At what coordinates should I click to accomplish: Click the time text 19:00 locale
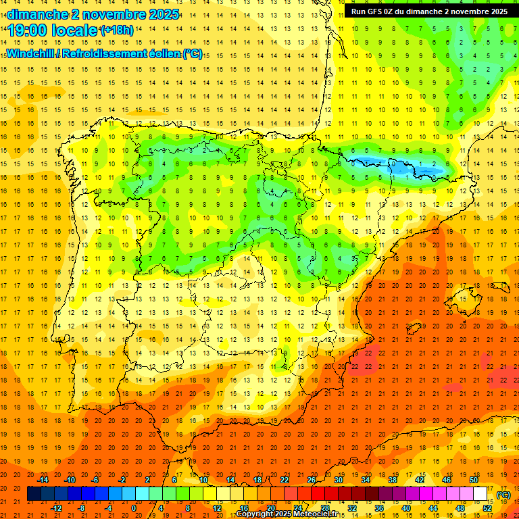point(52,30)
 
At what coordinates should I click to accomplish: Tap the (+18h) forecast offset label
point(116,30)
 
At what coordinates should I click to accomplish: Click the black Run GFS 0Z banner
point(429,11)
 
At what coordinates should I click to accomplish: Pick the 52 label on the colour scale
point(487,508)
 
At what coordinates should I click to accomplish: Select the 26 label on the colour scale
point(312,480)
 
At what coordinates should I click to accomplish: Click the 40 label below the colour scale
point(405,508)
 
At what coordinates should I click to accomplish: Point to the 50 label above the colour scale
point(474,480)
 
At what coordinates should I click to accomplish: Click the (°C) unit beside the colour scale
point(503,495)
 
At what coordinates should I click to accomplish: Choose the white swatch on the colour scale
point(480,494)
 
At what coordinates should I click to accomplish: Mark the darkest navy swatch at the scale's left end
point(34,494)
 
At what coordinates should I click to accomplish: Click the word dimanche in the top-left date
point(34,14)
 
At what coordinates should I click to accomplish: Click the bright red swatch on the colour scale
point(318,494)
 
